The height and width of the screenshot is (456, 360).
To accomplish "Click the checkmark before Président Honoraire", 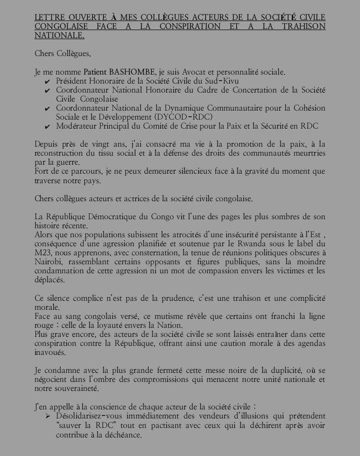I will coord(47,81).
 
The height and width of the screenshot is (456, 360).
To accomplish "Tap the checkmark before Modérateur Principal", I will coord(47,127).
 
